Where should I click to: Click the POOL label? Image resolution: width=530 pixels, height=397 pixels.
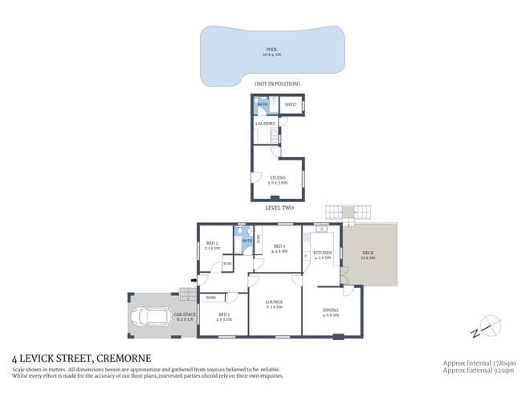pyautogui.click(x=271, y=50)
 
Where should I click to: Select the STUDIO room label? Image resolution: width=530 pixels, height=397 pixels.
pyautogui.click(x=277, y=178)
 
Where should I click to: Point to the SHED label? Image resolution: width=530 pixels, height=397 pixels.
pyautogui.click(x=290, y=105)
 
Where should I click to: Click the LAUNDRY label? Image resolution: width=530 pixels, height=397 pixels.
pyautogui.click(x=265, y=124)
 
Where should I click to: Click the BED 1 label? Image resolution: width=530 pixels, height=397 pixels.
pyautogui.click(x=223, y=315)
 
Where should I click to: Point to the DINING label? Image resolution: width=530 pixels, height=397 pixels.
pyautogui.click(x=331, y=312)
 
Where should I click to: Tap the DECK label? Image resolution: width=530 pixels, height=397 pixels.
pyautogui.click(x=368, y=253)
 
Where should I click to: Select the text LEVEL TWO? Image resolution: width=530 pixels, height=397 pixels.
pyautogui.click(x=279, y=208)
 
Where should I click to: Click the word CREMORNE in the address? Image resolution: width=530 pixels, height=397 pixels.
pyautogui.click(x=123, y=358)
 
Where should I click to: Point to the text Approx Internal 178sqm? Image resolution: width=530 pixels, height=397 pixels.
pyautogui.click(x=479, y=363)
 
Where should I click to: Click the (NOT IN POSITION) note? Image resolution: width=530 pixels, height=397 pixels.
pyautogui.click(x=277, y=83)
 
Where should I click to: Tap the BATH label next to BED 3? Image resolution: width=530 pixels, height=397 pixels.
pyautogui.click(x=248, y=241)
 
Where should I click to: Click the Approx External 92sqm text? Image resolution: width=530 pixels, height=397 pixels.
pyautogui.click(x=479, y=370)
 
